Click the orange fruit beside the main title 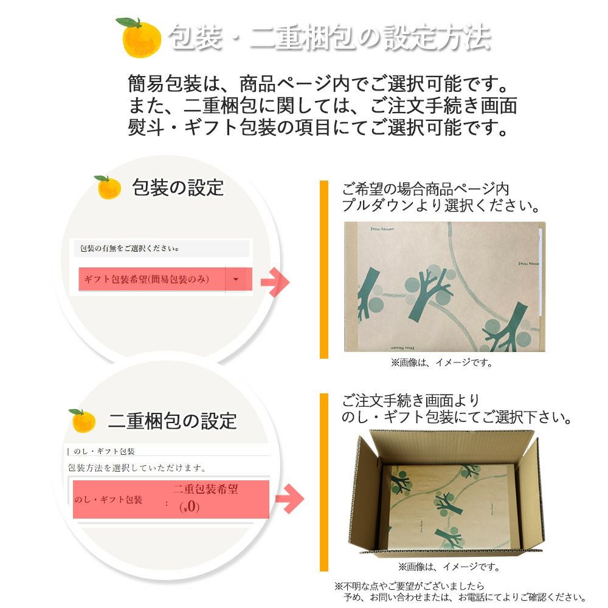[x=141, y=38]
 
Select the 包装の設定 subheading [x=178, y=187]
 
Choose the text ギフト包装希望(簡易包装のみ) [x=147, y=279]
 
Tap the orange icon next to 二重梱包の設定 [x=83, y=420]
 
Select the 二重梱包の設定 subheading [x=172, y=420]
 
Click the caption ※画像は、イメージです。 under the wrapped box [x=441, y=362]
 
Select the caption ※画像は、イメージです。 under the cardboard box [x=449, y=567]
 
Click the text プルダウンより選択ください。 [x=441, y=206]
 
